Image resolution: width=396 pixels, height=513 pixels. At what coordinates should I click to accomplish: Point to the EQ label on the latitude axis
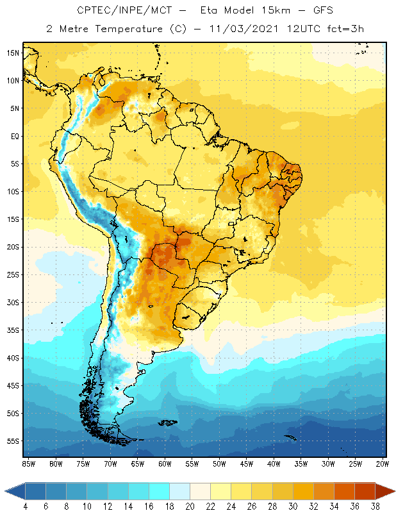tap(15, 136)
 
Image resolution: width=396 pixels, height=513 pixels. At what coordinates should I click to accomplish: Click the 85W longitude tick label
tap(28, 463)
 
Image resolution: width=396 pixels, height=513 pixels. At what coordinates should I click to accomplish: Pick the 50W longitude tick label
tap(220, 463)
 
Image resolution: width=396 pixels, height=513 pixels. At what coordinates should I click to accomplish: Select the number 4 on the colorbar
tap(26, 506)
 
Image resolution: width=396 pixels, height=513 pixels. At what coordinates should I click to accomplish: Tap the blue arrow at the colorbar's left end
tap(15, 491)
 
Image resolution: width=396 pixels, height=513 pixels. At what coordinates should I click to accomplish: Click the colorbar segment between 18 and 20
tap(179, 491)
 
